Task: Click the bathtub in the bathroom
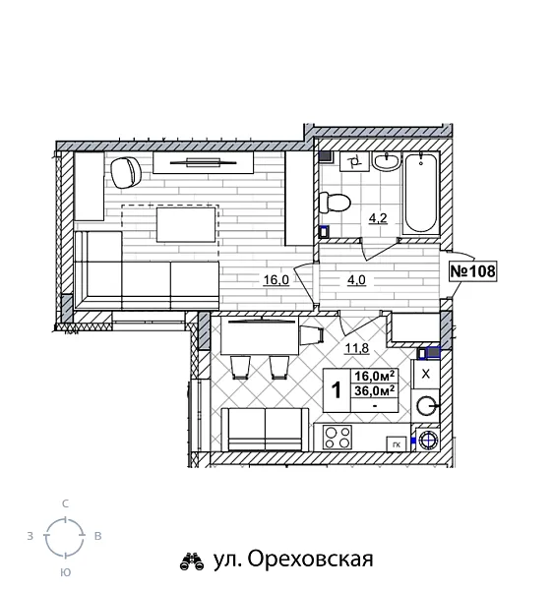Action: [x=420, y=193]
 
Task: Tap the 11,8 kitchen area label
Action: [x=355, y=346]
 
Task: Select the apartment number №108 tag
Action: [x=471, y=272]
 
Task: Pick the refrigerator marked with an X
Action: [x=425, y=375]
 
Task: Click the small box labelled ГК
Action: [x=396, y=442]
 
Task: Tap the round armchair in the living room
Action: [x=126, y=173]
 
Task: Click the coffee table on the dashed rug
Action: [x=185, y=223]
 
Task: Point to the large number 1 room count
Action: [x=337, y=390]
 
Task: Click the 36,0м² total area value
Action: [x=374, y=389]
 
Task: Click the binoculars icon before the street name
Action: [x=190, y=561]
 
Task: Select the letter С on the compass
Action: [x=66, y=502]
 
